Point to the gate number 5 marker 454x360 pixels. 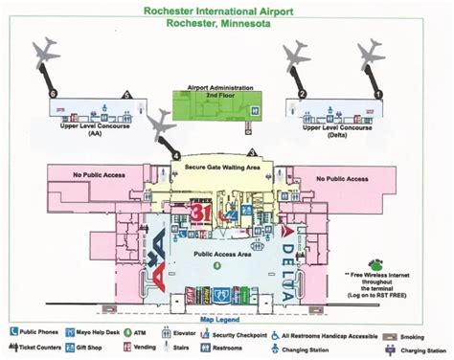pos(126,94)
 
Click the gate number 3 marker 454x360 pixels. pos(251,152)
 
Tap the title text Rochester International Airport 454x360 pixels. pos(226,13)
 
